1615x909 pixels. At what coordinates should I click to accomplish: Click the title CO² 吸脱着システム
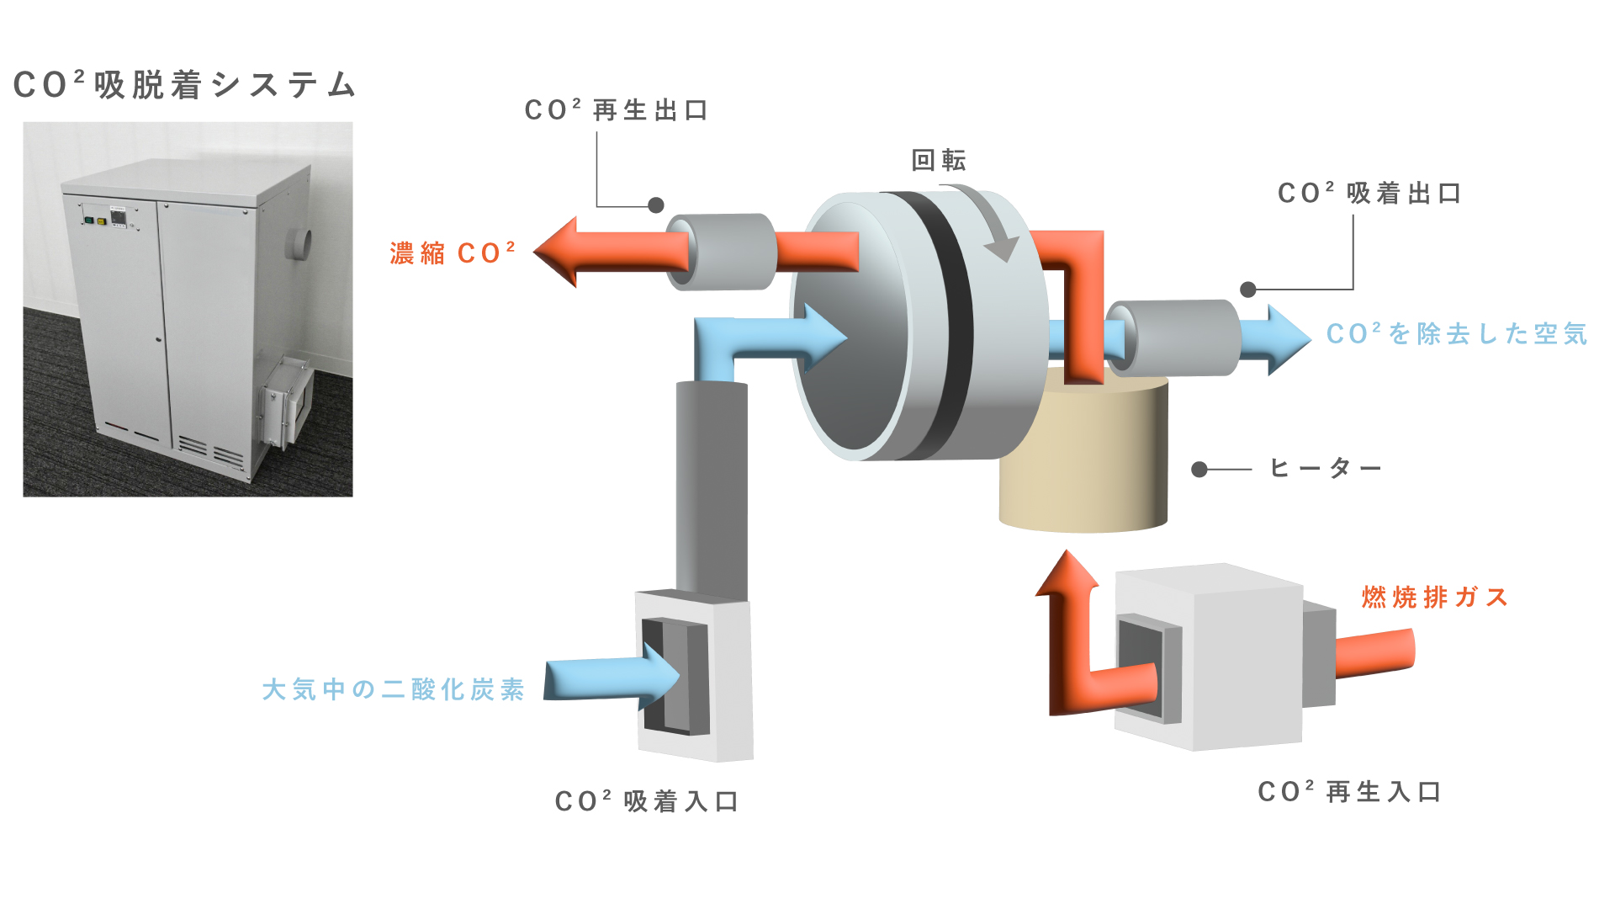tap(185, 85)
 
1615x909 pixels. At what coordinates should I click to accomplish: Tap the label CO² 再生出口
tap(617, 110)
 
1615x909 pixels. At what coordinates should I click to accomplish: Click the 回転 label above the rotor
tap(939, 160)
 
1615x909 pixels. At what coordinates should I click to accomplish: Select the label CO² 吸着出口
tap(1369, 194)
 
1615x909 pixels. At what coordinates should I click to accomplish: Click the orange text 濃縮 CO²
tap(452, 252)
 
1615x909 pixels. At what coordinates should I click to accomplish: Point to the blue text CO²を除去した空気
tap(1457, 334)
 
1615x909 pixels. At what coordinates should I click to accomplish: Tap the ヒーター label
tap(1325, 468)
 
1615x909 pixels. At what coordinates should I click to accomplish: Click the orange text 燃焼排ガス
tap(1435, 597)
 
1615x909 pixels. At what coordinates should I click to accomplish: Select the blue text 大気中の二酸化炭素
tap(394, 689)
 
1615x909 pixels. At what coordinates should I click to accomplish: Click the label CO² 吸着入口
tap(647, 801)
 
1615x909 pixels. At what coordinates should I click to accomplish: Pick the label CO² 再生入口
tap(1350, 792)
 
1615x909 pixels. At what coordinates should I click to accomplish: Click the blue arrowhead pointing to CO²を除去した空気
tap(1287, 338)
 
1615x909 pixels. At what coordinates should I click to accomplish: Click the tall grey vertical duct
tap(712, 488)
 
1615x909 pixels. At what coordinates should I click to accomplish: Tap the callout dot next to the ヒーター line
tap(1199, 469)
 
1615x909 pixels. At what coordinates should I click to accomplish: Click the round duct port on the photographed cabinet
tap(299, 243)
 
